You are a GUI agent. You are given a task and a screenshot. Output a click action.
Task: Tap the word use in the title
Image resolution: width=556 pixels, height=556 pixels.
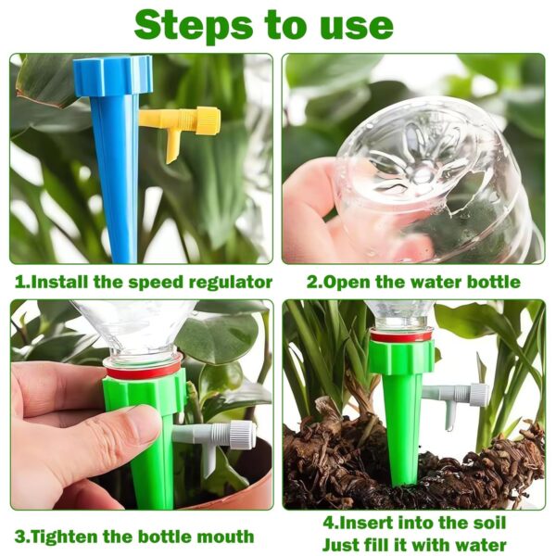[358, 28]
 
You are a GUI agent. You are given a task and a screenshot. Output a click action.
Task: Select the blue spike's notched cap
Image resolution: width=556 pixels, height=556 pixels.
[113, 76]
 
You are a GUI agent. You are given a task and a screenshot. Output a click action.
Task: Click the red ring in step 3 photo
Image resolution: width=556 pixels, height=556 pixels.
[143, 372]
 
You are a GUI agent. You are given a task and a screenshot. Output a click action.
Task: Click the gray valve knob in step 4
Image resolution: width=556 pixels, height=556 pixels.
[479, 394]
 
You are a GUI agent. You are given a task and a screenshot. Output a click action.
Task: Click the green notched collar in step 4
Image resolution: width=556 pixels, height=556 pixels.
[401, 356]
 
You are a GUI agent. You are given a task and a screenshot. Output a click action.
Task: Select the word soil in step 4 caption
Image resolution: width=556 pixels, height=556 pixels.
[488, 523]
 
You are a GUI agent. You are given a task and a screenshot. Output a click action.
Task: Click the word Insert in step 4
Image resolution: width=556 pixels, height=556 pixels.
[366, 523]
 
